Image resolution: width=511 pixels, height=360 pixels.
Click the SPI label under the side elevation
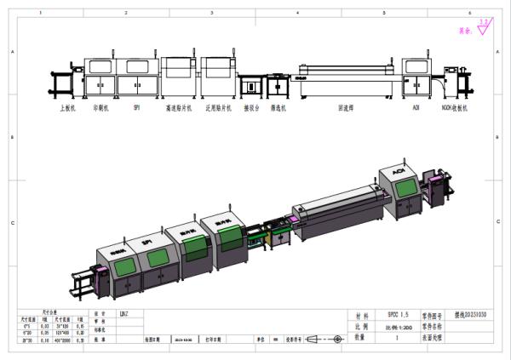135,109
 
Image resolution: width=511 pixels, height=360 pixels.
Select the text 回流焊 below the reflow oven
345,109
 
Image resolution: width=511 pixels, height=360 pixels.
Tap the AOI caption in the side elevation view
416,109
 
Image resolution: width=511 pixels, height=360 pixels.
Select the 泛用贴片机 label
220,109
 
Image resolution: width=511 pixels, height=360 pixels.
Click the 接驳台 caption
252,109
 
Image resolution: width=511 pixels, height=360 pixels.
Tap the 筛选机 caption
278,109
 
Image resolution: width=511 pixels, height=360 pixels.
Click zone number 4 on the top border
296,14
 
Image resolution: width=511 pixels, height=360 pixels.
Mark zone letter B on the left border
11,137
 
